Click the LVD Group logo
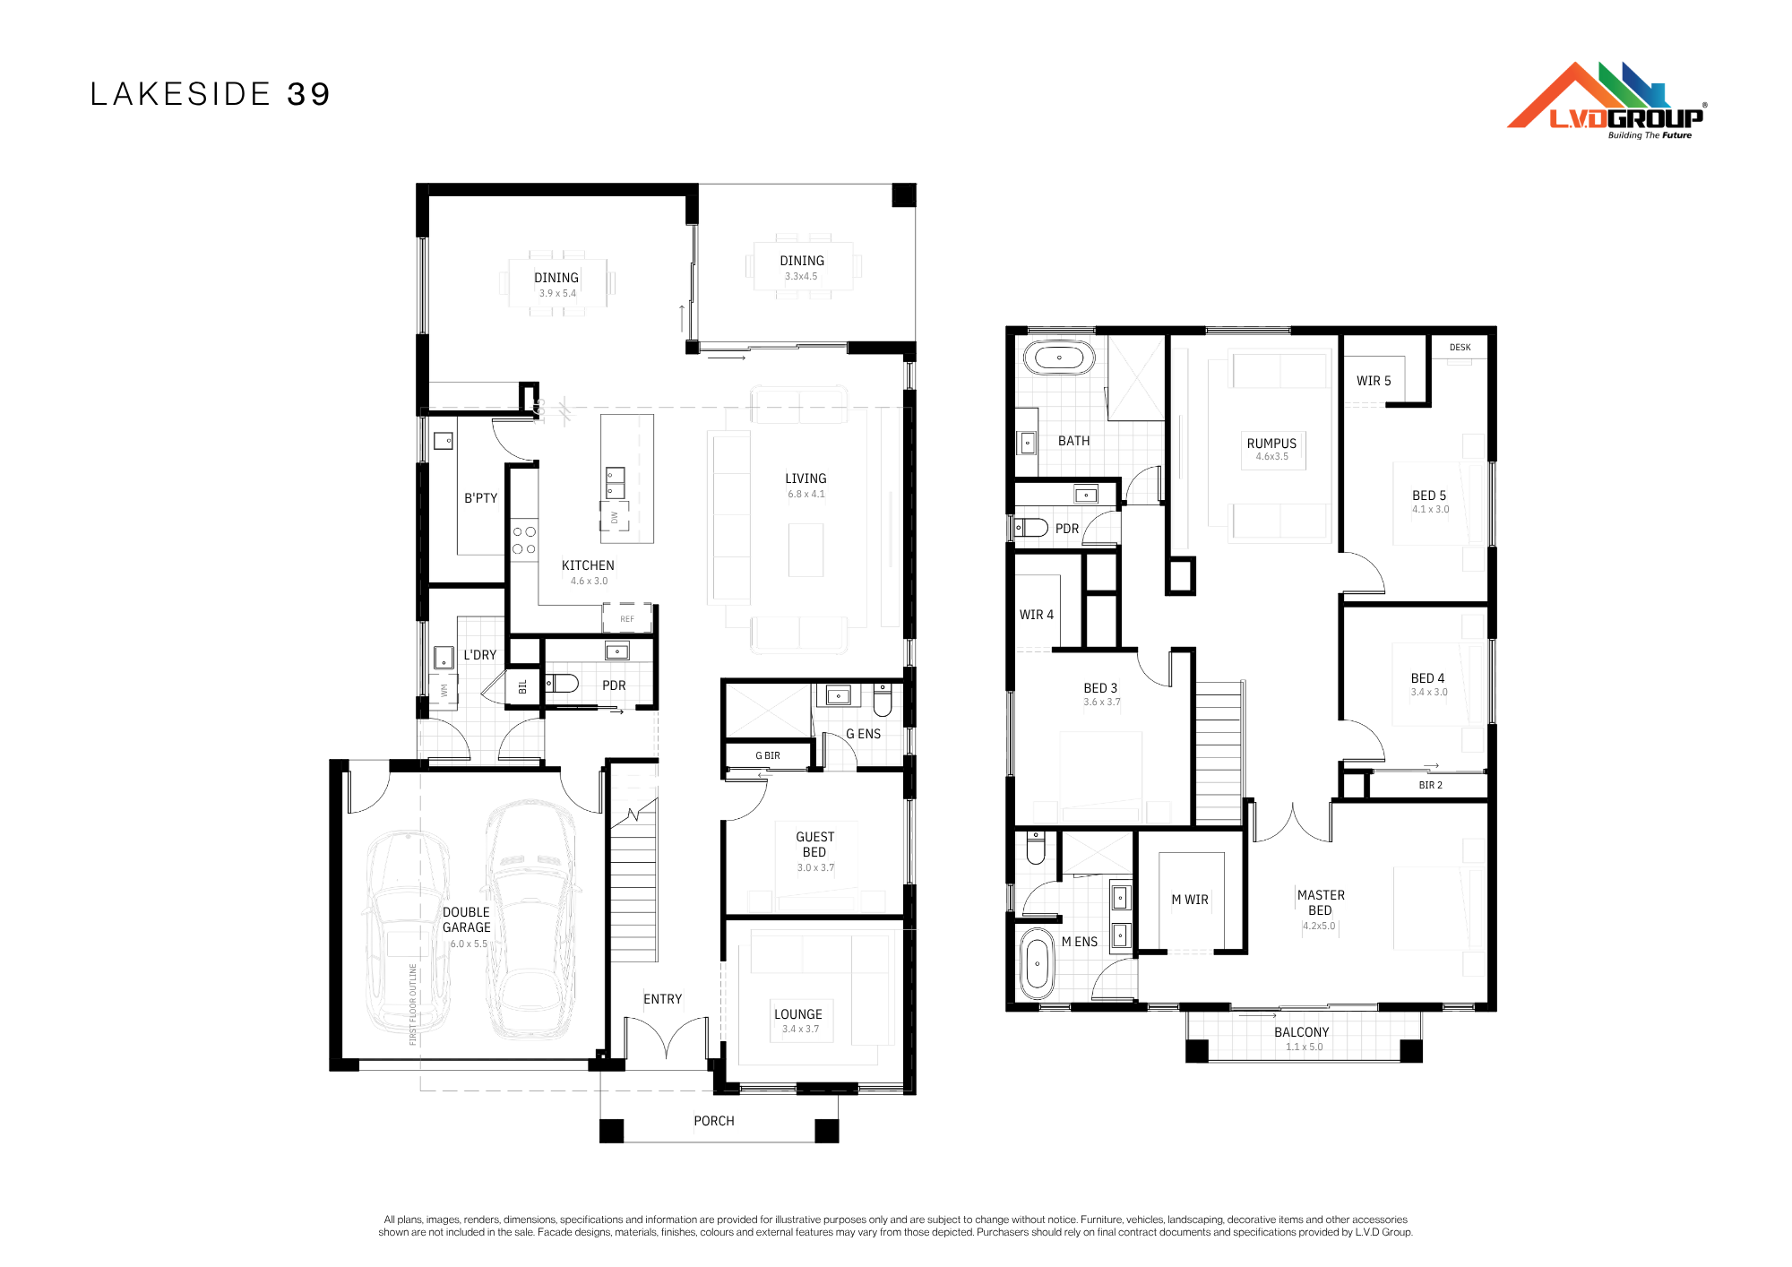coord(1607,100)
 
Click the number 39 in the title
coord(309,94)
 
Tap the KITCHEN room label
coord(588,565)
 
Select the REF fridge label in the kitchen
coord(627,619)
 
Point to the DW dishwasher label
coord(615,517)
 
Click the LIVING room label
coord(806,478)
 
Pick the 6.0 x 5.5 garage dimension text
coord(469,944)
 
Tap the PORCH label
coord(714,1121)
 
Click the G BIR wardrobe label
coord(768,755)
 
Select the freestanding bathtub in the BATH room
coord(1059,358)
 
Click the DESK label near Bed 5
coord(1460,347)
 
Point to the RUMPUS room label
coord(1271,444)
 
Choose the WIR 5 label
coord(1374,381)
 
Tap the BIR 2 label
coord(1431,785)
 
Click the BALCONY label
coord(1302,1032)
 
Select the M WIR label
coord(1190,900)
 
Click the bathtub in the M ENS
coord(1038,963)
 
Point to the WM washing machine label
coord(444,691)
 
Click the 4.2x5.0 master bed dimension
coord(1319,927)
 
